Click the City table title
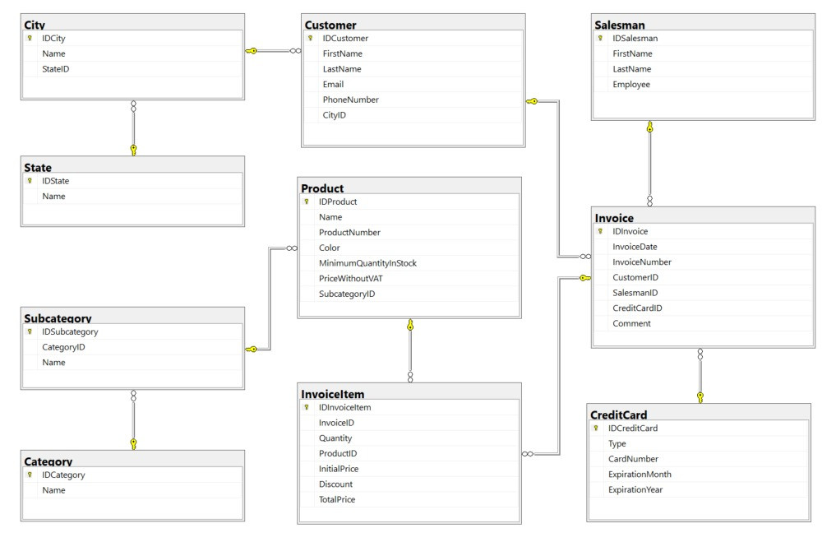(x=35, y=25)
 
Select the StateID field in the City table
(x=55, y=69)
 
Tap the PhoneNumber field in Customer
(x=350, y=100)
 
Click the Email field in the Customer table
(x=333, y=84)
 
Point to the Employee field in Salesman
(x=631, y=84)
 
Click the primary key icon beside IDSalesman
(x=600, y=39)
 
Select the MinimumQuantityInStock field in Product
(x=368, y=263)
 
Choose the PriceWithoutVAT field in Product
(x=351, y=279)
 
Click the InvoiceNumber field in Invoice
(x=642, y=262)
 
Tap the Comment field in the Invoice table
(x=632, y=323)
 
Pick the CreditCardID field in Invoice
(x=637, y=308)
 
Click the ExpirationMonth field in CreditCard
(x=640, y=475)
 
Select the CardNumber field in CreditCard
(x=634, y=459)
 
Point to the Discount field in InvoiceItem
(x=336, y=484)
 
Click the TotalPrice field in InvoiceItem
(x=337, y=500)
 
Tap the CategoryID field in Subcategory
(x=63, y=347)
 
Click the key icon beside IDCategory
(x=30, y=475)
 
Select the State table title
(x=38, y=168)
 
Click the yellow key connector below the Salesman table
(x=649, y=127)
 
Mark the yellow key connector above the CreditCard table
(x=700, y=397)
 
